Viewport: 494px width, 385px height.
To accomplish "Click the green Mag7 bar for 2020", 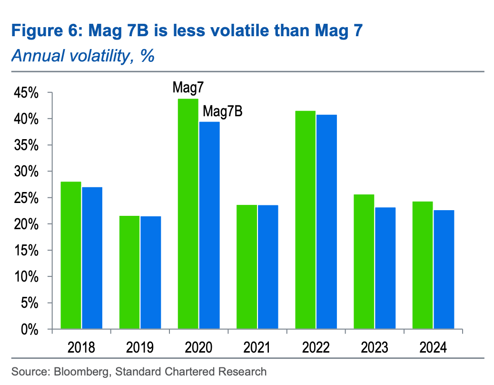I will pyautogui.click(x=188, y=214).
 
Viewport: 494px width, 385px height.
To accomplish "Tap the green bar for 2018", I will pyautogui.click(x=71, y=255).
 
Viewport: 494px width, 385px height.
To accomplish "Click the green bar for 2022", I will pyautogui.click(x=305, y=220).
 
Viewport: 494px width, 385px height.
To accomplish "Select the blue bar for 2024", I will pyautogui.click(x=444, y=269).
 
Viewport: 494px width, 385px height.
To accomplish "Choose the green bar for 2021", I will pyautogui.click(x=247, y=267).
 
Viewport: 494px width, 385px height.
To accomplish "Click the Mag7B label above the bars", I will pyautogui.click(x=223, y=111).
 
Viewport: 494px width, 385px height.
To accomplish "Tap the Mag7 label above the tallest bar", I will pyautogui.click(x=188, y=88).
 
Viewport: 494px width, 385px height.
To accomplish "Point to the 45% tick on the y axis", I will pyautogui.click(x=26, y=92).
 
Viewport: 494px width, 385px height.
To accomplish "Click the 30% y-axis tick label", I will pyautogui.click(x=26, y=172).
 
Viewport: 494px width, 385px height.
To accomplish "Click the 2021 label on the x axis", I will pyautogui.click(x=257, y=347).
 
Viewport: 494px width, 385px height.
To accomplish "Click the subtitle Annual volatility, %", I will pyautogui.click(x=83, y=56).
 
